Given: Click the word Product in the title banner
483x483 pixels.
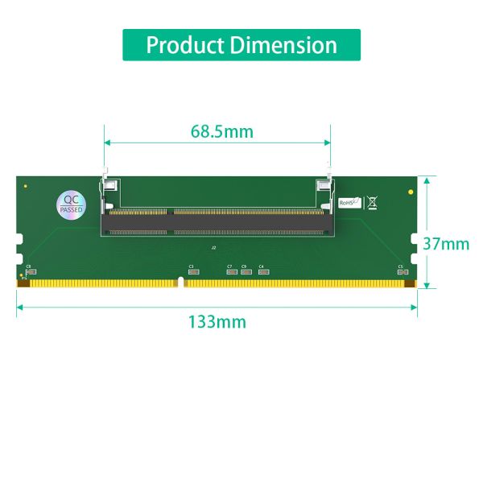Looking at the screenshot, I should coord(185,45).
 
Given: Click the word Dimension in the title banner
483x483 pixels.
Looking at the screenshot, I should coord(284,45).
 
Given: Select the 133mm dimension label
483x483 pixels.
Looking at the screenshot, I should coord(217,322).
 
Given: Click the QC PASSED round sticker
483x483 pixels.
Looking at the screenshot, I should coord(71,204).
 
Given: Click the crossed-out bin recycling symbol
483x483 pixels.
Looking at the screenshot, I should coord(372,202).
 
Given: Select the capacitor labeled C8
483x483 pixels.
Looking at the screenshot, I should coord(31,272).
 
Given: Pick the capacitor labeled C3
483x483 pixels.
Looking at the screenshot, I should coord(192,272).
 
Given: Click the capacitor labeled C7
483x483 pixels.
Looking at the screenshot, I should coord(231,272).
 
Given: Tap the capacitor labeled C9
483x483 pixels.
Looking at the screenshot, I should coord(246,272).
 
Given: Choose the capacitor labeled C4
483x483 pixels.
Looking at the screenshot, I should coord(262,272).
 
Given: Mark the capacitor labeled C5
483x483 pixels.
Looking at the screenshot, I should coord(400,272).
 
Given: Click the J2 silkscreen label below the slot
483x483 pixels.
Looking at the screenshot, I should coord(213,248).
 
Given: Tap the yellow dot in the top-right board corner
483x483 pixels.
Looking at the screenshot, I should coord(411,193).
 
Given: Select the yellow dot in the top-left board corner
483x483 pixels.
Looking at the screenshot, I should coord(26,187).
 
